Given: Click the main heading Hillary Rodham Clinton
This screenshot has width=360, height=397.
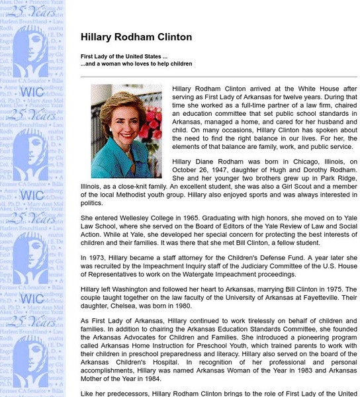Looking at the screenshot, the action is coord(136,38).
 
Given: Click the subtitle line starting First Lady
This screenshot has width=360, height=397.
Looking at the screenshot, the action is coord(124,56).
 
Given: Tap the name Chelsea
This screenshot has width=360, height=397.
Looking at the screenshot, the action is coord(122,307).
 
